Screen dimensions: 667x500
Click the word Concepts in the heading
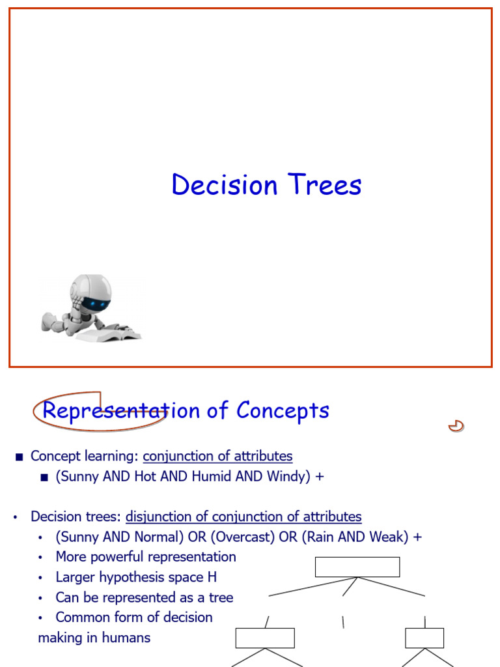pos(283,410)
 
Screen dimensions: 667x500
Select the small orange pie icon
pos(456,427)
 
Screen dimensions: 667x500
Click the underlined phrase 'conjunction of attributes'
pos(217,456)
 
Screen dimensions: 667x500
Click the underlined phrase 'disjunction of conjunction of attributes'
pos(243,517)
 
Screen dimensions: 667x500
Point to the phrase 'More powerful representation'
pos(146,557)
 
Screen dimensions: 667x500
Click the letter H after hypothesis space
pos(212,577)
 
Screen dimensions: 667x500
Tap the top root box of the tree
pos(357,567)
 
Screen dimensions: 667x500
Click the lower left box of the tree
pos(265,638)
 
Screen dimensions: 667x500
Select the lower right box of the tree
pos(424,638)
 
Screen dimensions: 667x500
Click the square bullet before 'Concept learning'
pos(19,457)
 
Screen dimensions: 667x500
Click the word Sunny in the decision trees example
pos(79,537)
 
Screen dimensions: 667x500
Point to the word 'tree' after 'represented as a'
pos(221,597)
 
